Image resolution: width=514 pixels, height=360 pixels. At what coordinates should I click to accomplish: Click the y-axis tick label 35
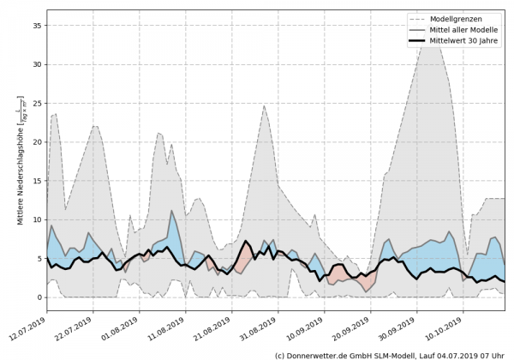click(37, 26)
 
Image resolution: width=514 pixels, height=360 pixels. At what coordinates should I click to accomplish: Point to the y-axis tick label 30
click(37, 64)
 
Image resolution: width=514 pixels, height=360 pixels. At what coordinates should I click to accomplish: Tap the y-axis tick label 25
click(37, 103)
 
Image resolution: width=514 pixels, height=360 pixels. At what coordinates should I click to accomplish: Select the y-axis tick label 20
click(37, 142)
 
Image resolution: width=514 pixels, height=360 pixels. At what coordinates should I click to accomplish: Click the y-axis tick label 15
click(37, 181)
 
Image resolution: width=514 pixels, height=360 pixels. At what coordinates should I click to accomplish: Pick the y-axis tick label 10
click(37, 219)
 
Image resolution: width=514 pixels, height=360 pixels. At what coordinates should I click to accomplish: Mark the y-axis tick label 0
click(39, 297)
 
